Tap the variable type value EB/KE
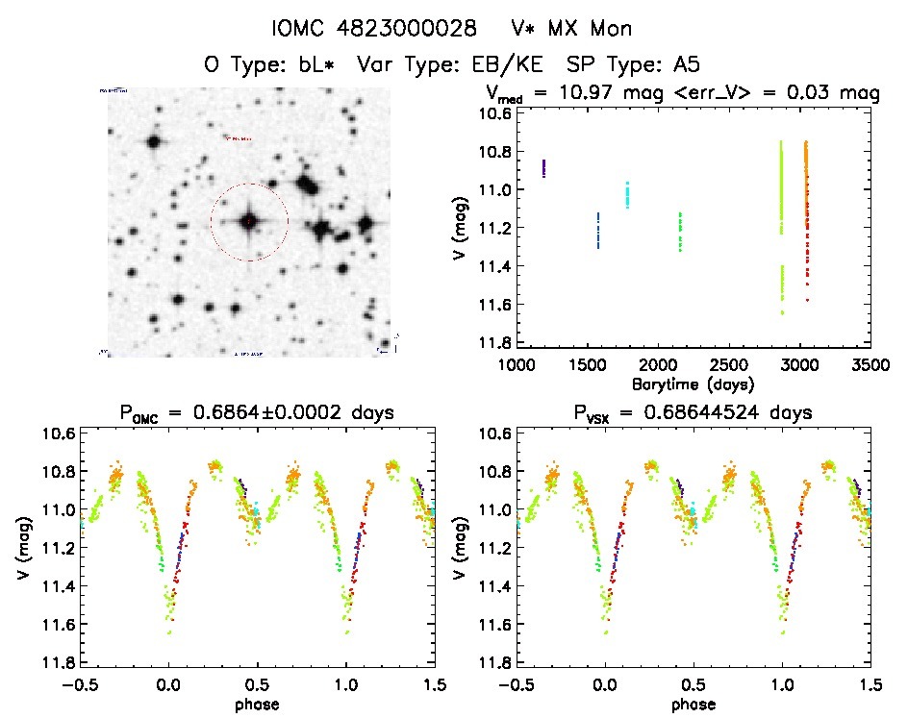509,64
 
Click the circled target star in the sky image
249,222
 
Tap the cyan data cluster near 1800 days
627,195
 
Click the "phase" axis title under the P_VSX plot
694,704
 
